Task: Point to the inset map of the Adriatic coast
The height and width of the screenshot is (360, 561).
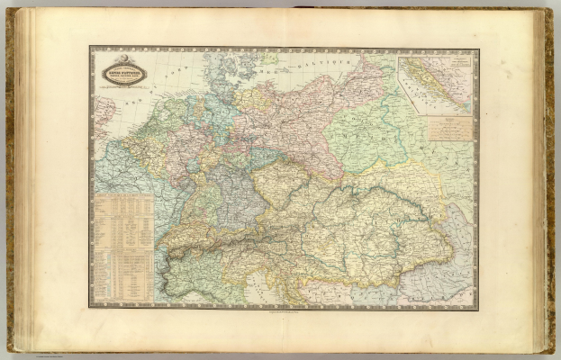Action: tap(437, 84)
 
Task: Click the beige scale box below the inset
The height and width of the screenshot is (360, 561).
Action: tap(448, 127)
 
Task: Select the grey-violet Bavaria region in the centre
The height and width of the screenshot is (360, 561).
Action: tap(239, 193)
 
